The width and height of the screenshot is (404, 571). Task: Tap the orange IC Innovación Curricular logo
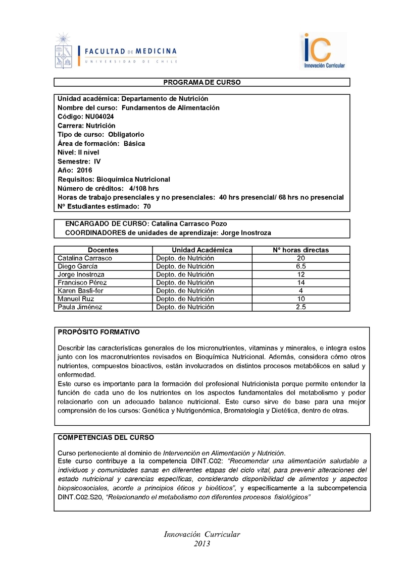pos(324,51)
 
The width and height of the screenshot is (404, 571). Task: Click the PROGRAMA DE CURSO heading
pos(202,82)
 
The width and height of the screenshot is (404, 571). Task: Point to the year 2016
pos(85,170)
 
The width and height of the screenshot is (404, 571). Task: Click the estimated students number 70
pos(146,206)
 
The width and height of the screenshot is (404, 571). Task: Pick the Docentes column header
pos(103,250)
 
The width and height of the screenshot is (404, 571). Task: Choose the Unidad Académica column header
pos(202,250)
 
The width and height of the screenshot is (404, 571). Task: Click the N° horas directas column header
pos(301,250)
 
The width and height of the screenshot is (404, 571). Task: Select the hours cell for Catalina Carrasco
pos(301,258)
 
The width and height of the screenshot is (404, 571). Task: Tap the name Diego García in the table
pos(78,266)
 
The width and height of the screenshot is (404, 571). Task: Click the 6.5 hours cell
pos(301,266)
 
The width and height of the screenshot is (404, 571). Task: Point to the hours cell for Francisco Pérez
pos(301,282)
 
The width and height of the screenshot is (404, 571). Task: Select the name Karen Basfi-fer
pos(82,291)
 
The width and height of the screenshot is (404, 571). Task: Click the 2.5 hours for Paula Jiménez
pos(301,307)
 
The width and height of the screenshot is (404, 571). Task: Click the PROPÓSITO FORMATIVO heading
pos(98,332)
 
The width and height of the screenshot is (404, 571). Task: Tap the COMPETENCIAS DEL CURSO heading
pos(106,438)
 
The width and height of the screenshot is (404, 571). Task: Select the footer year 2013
pos(202,544)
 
